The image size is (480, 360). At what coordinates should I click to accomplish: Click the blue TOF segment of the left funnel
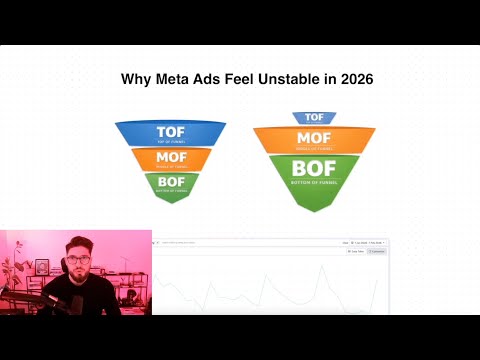170,133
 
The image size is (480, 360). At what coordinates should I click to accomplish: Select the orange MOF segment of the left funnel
170,159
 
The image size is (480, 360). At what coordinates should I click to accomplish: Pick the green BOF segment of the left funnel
170,183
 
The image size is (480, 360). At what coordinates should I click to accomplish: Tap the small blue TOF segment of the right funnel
314,118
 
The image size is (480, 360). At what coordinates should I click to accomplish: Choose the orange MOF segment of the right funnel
314,139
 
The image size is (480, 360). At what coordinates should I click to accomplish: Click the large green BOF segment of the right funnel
314,176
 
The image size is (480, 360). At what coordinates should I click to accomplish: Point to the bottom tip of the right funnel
314,209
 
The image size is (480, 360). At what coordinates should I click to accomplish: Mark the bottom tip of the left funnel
170,201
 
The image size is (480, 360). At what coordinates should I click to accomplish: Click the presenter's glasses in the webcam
77,261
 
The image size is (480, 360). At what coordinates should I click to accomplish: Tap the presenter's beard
78,279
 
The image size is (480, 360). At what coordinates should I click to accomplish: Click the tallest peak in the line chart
322,268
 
